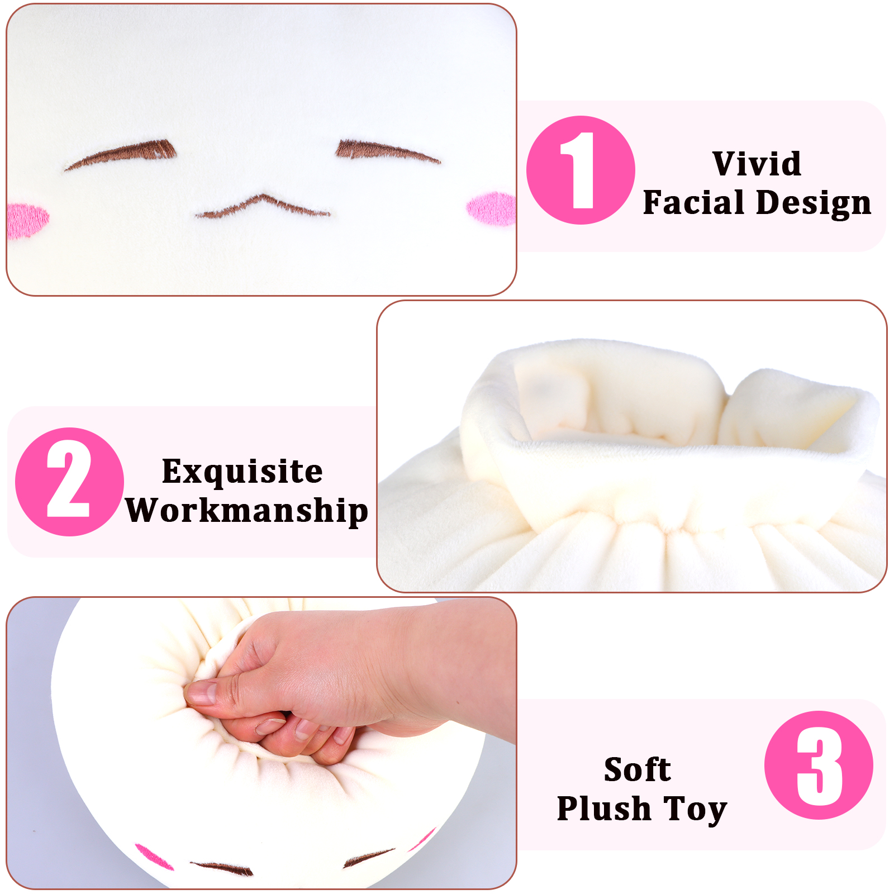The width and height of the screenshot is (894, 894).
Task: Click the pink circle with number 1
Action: coord(581,170)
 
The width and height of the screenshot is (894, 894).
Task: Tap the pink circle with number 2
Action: coord(69,482)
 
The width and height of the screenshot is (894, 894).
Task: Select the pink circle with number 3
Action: coord(819,765)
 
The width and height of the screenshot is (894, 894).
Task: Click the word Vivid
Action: coord(757,164)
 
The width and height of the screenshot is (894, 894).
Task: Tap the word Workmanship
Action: coord(246,511)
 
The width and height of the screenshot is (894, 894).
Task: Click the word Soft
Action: coord(638,769)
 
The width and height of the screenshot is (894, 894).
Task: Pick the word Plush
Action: coord(604,809)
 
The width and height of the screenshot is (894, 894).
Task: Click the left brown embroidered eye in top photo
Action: coord(120,154)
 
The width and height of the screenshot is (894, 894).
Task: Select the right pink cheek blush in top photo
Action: coord(491,208)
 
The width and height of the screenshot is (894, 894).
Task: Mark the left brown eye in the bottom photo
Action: coord(222,869)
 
